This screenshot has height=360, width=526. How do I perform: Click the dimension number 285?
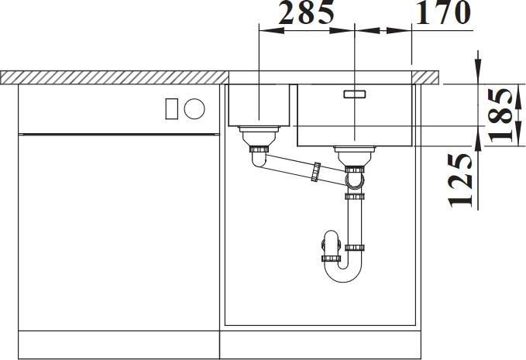pyautogui.click(x=306, y=12)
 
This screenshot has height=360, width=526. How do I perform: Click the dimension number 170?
pyautogui.click(x=443, y=12)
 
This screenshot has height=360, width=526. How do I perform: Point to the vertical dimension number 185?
pyautogui.click(x=500, y=115)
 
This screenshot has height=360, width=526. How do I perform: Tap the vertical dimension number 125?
pyautogui.click(x=460, y=180)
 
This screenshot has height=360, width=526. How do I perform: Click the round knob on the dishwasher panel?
pyautogui.click(x=194, y=109)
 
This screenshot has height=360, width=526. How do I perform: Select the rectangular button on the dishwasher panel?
pyautogui.click(x=172, y=109)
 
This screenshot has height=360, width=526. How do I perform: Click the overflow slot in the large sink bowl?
pyautogui.click(x=355, y=94)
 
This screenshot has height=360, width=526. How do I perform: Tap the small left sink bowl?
pyautogui.click(x=259, y=105)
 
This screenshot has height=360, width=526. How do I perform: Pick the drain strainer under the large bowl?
pyautogui.click(x=355, y=156)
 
